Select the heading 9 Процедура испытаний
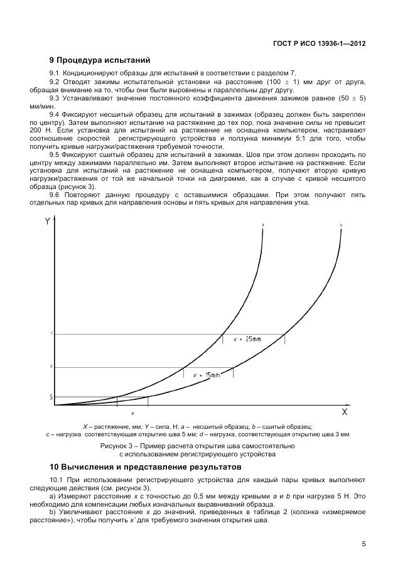[100, 61]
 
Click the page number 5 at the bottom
[364, 544]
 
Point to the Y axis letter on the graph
[48, 222]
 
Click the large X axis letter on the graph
[344, 412]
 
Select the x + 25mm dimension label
[247, 339]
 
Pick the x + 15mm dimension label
[207, 375]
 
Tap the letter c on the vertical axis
[51, 333]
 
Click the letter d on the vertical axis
[51, 366]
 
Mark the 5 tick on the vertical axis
[51, 397]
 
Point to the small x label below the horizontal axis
[132, 413]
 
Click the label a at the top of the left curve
[262, 223]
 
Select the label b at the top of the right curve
[340, 224]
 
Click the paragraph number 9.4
[55, 114]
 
